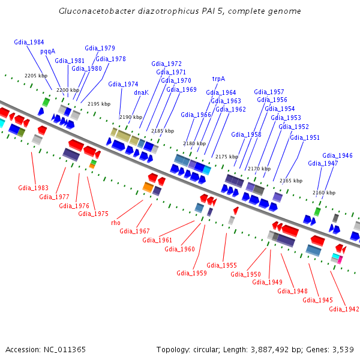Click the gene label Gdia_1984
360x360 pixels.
click(29, 42)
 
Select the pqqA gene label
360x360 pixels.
click(48, 52)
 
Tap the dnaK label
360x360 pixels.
click(141, 92)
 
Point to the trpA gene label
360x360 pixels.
click(218, 79)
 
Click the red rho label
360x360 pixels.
click(116, 223)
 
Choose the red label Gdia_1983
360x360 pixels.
click(33, 188)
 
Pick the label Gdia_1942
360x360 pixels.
click(344, 309)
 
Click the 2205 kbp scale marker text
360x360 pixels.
click(36, 76)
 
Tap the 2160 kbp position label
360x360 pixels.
click(324, 193)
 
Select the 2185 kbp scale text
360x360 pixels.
click(163, 131)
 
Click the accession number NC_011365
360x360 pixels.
click(65, 350)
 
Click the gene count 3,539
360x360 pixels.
click(343, 350)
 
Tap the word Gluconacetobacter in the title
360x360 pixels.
click(97, 11)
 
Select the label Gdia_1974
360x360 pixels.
click(123, 84)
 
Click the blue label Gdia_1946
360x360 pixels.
click(337, 155)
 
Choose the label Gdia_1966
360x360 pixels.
click(196, 115)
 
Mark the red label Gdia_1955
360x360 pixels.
click(221, 265)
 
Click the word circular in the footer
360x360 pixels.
click(206, 350)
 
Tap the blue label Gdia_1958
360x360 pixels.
click(246, 134)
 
